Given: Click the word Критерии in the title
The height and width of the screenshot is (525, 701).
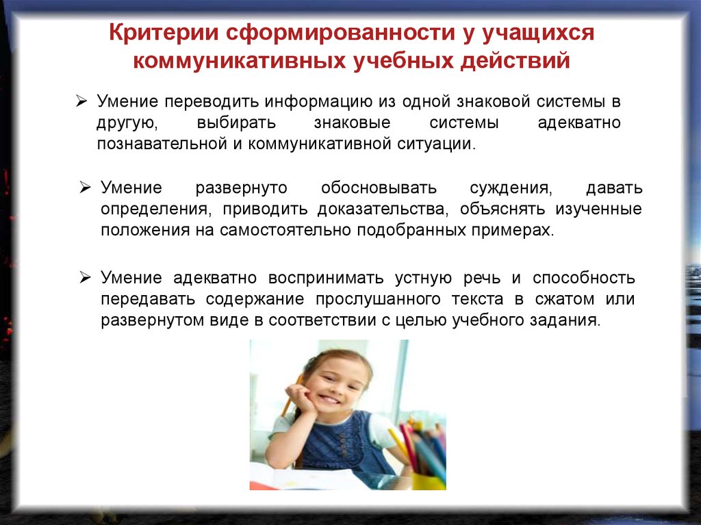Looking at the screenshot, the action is tap(164, 33).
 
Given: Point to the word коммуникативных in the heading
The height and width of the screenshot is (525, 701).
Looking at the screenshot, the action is tap(239, 61).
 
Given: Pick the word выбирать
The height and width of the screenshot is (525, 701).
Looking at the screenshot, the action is tap(236, 123).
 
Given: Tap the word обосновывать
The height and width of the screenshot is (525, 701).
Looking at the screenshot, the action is tap(379, 188).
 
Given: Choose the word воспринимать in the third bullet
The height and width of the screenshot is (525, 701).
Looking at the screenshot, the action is tap(326, 278).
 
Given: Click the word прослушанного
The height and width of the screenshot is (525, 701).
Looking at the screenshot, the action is tap(378, 299).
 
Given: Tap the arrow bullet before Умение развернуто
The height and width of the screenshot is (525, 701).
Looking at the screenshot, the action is tap(86, 188).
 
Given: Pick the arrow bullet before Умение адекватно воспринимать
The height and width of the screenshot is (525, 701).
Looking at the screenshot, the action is tap(86, 278).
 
